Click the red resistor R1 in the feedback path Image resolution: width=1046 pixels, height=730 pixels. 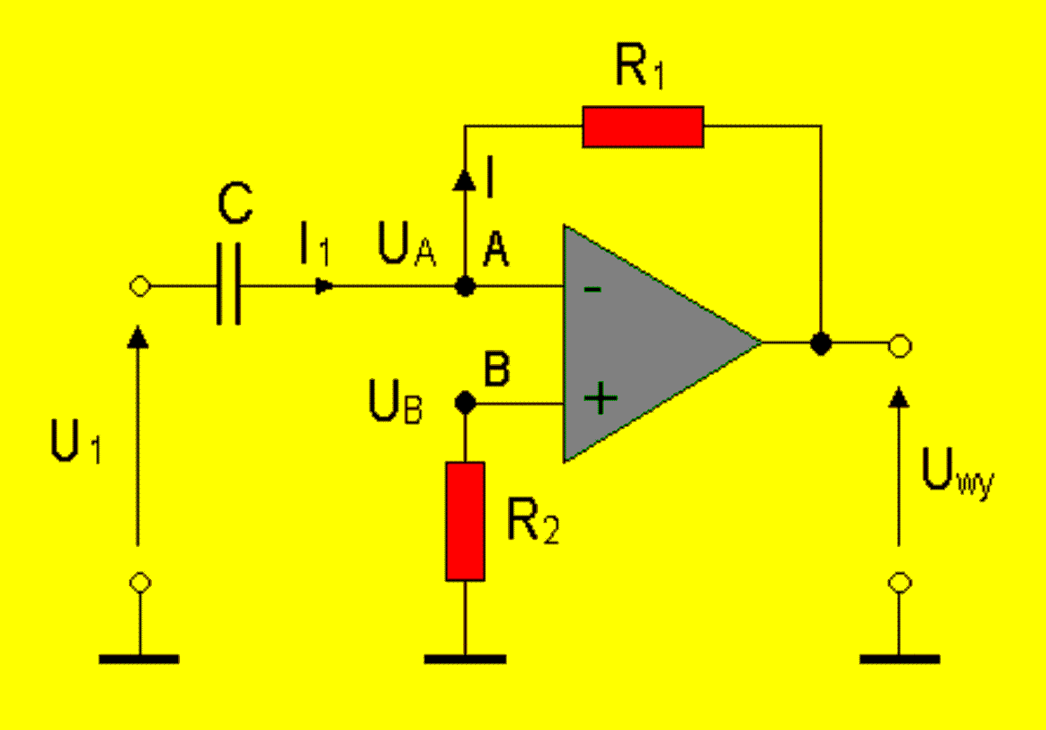click(x=643, y=127)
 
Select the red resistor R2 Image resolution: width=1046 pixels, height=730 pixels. click(x=465, y=521)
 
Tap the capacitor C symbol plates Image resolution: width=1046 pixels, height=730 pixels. click(x=229, y=284)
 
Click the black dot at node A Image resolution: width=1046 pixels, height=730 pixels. click(x=465, y=287)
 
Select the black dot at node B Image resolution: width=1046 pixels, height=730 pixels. click(x=465, y=403)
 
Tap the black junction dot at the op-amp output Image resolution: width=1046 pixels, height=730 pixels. click(x=821, y=343)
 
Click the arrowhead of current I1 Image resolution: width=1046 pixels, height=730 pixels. click(x=324, y=286)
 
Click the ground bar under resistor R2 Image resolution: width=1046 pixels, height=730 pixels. click(x=465, y=659)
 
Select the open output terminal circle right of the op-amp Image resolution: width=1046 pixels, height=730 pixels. click(x=899, y=345)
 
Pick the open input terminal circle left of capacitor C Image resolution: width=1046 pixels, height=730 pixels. click(x=140, y=286)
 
